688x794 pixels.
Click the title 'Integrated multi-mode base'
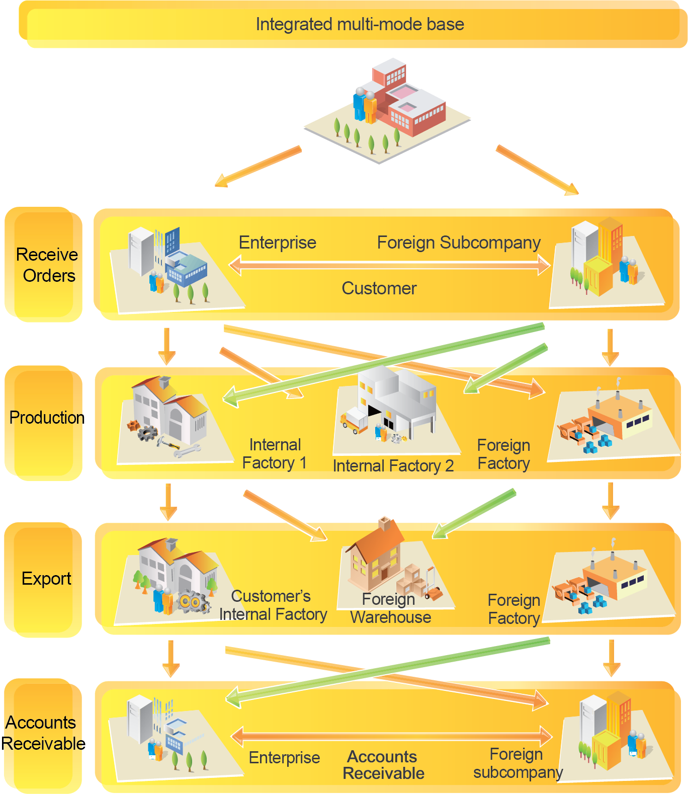[360, 24]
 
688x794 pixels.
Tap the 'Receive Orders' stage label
[47, 265]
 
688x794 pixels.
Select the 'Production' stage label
[47, 418]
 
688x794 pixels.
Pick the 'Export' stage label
[46, 579]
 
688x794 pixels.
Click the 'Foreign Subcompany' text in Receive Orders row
[459, 243]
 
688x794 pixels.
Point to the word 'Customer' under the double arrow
[379, 288]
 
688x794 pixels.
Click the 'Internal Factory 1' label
[275, 454]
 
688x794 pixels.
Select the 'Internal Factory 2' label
[393, 466]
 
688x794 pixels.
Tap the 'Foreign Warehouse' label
[390, 608]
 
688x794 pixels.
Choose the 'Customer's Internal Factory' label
[273, 605]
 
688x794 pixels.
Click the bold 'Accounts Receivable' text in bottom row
[383, 765]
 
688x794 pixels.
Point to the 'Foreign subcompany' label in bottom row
[518, 763]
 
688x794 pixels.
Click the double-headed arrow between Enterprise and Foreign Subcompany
[390, 265]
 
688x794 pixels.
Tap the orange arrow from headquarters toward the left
[257, 167]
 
